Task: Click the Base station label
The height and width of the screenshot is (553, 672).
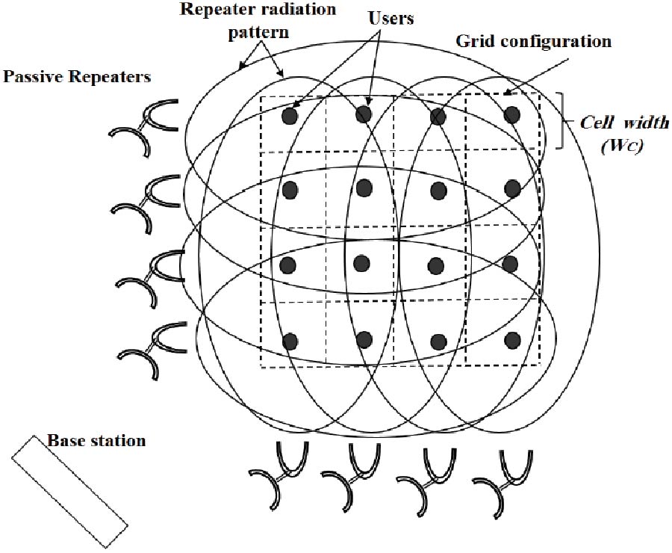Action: tap(96, 440)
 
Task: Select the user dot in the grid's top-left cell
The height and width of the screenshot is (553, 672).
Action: tap(290, 117)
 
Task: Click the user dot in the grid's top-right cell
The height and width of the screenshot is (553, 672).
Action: tap(511, 114)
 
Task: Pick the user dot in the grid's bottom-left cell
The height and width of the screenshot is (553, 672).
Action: tap(290, 341)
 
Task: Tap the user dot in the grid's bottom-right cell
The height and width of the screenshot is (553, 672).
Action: tap(511, 340)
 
